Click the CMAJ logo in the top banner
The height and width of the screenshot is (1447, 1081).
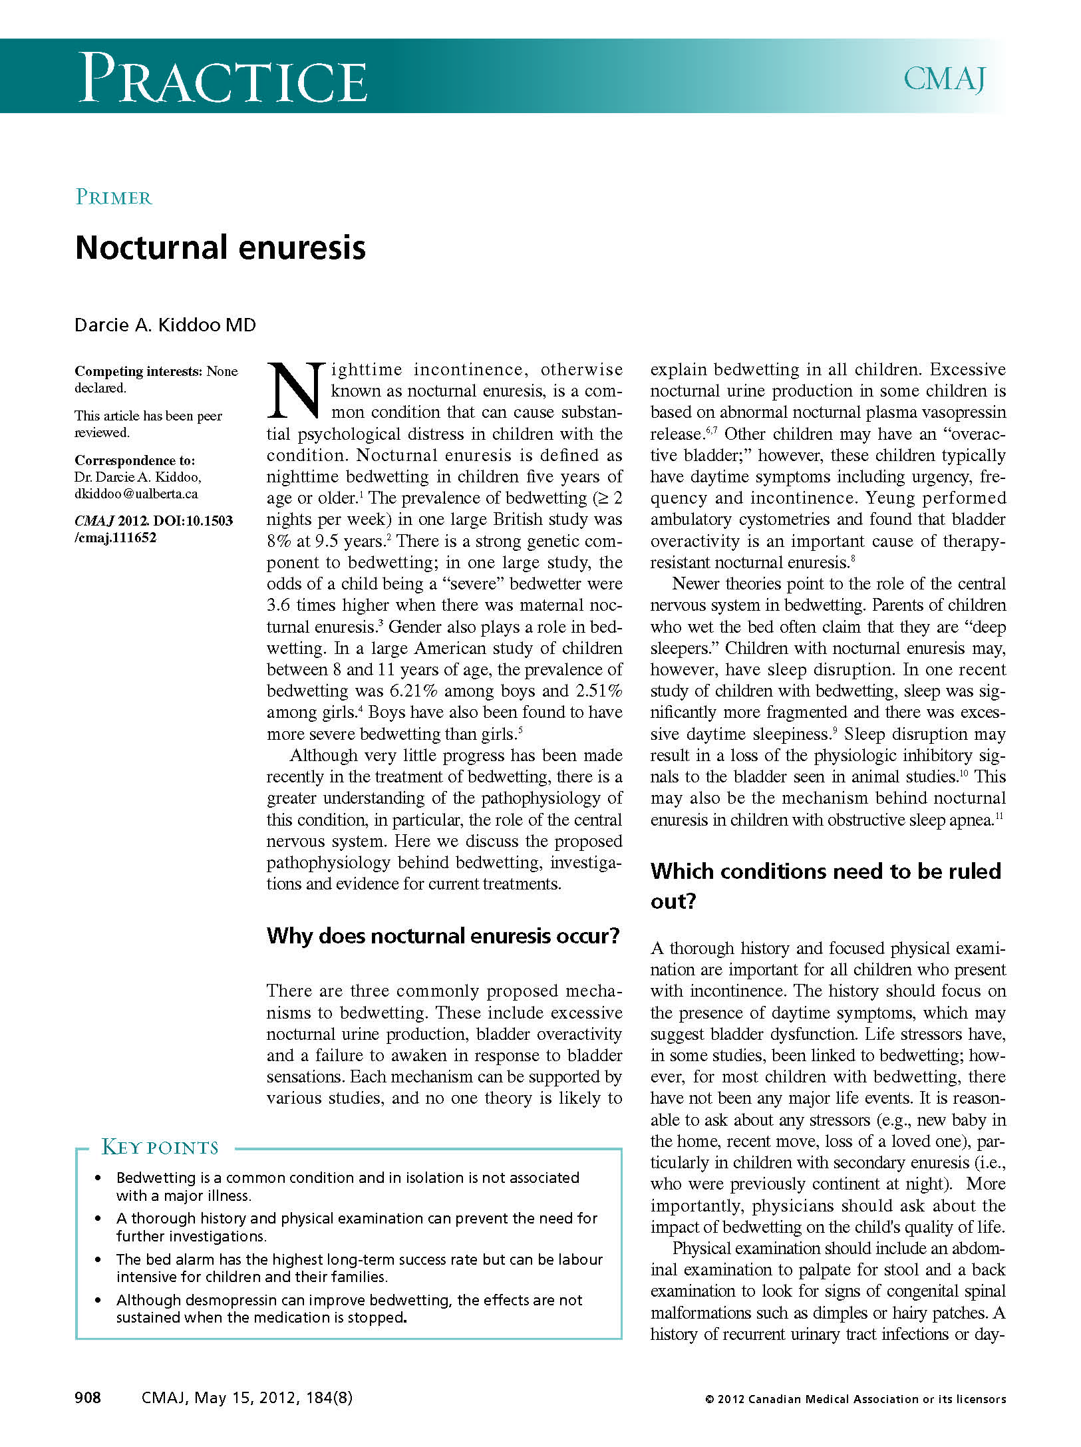[944, 79]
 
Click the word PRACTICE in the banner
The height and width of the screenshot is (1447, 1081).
[223, 79]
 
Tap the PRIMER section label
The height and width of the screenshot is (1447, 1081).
[114, 198]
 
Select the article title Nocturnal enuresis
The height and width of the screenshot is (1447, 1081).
[220, 247]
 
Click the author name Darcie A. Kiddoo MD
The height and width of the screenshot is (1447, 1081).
[165, 325]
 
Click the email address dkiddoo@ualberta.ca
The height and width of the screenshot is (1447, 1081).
[136, 494]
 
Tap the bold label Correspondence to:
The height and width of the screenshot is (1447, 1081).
[134, 460]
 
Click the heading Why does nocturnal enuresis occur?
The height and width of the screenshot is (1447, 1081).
[443, 936]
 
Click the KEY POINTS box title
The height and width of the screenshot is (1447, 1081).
[160, 1148]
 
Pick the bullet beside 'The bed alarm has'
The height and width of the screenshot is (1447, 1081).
[98, 1259]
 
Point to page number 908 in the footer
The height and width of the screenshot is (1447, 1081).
[88, 1398]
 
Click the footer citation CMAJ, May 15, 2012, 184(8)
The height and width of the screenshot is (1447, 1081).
[247, 1398]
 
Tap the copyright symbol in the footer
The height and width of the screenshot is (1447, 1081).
[709, 1400]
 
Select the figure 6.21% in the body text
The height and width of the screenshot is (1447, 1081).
[414, 691]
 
